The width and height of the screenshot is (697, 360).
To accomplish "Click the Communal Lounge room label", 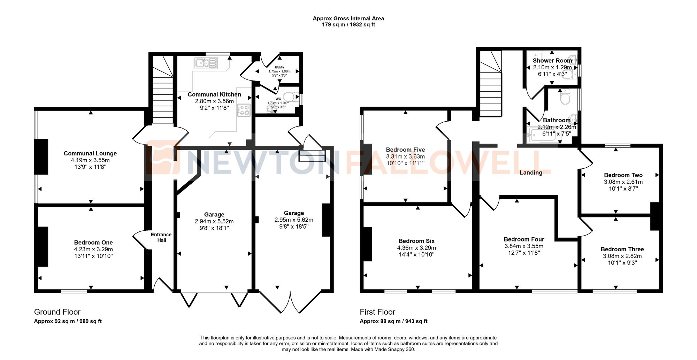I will pyautogui.click(x=90, y=153).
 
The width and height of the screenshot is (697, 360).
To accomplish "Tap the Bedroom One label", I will pyautogui.click(x=93, y=243).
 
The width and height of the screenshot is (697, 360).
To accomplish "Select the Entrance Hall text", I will pyautogui.click(x=161, y=237).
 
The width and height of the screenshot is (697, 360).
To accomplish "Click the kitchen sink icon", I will pyautogui.click(x=206, y=63).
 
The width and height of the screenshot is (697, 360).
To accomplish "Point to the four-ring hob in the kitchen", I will pyautogui.click(x=244, y=110).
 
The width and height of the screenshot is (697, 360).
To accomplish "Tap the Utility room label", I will pyautogui.click(x=279, y=67).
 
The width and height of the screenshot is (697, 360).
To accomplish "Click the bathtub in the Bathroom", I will pyautogui.click(x=544, y=135).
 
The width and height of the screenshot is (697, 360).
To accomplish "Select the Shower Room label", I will pyautogui.click(x=552, y=61).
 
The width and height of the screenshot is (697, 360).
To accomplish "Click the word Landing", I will pyautogui.click(x=531, y=173).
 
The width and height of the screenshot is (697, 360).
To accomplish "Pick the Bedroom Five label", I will pyautogui.click(x=405, y=150).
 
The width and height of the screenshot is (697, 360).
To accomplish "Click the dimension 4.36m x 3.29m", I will pyautogui.click(x=416, y=248).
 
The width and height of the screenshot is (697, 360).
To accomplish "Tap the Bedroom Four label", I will pyautogui.click(x=524, y=239).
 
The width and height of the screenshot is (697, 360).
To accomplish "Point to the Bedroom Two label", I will pyautogui.click(x=623, y=175).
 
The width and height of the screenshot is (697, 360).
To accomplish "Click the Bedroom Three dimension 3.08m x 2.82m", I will pyautogui.click(x=622, y=256).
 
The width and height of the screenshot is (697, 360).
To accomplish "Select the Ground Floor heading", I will pyautogui.click(x=57, y=312).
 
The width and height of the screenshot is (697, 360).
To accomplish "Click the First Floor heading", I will pyautogui.click(x=377, y=312).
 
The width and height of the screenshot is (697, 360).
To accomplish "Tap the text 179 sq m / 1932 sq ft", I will pyautogui.click(x=348, y=25).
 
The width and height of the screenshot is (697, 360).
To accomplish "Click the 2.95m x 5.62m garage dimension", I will pyautogui.click(x=294, y=220).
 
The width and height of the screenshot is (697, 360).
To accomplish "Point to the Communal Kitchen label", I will pyautogui.click(x=214, y=94).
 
